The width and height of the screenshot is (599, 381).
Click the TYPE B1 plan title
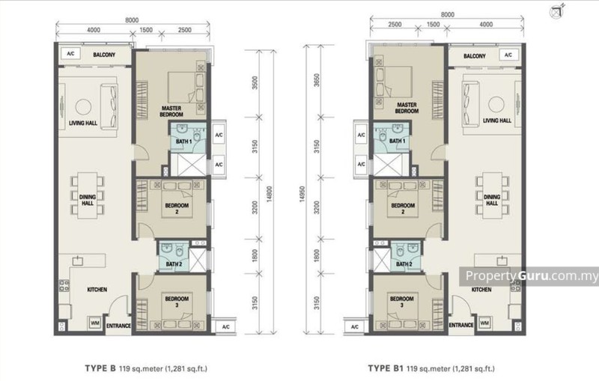point(385,368)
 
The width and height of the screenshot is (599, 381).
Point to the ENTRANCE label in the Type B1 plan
point(461,325)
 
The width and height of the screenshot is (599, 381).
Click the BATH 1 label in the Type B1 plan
point(397,141)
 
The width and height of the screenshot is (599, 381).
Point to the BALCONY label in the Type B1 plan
point(475,56)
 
